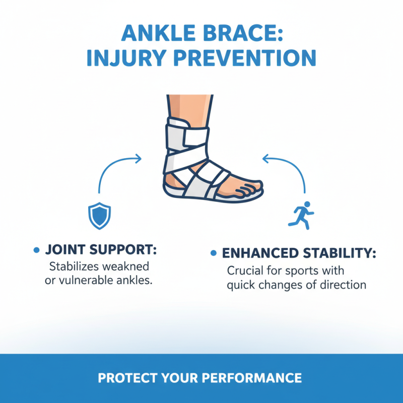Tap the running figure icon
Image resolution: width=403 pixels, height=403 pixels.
coord(301,214)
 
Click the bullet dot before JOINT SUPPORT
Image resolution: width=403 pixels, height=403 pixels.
coord(36,250)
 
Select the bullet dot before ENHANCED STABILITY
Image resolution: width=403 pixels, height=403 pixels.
coord(214,253)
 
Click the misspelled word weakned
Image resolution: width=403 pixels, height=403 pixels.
coord(133,265)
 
